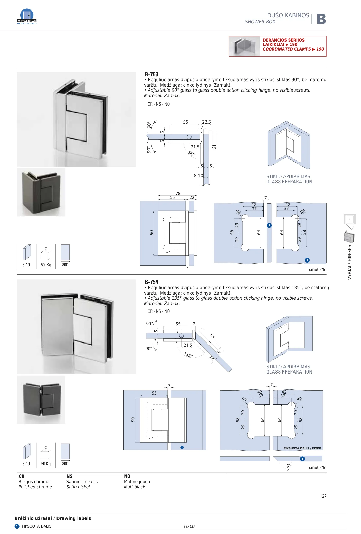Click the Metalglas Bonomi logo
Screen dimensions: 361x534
pyautogui.click(x=27, y=16)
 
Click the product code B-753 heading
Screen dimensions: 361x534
pyautogui.click(x=151, y=74)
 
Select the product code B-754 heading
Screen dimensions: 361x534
pyautogui.click(x=151, y=282)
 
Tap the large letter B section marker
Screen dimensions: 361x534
pyautogui.click(x=321, y=19)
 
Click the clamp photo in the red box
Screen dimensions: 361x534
pyautogui.click(x=244, y=46)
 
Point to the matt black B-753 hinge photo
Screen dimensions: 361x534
pyautogui.click(x=41, y=192)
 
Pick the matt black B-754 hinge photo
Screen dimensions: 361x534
pyautogui.click(x=41, y=400)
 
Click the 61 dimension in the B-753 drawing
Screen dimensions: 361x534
pyautogui.click(x=214, y=147)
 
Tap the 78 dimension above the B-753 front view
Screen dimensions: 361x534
pyautogui.click(x=178, y=193)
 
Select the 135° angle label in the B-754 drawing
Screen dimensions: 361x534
pyautogui.click(x=188, y=355)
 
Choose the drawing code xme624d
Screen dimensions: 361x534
pyautogui.click(x=317, y=270)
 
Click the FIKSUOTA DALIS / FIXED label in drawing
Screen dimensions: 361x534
pyautogui.click(x=302, y=448)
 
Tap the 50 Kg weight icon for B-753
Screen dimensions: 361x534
pyautogui.click(x=46, y=256)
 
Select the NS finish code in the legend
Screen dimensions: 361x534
pyautogui.click(x=69, y=476)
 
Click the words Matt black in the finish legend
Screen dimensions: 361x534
pyautogui.click(x=134, y=487)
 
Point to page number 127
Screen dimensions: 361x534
pyautogui.click(x=323, y=496)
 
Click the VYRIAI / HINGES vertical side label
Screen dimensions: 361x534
pyautogui.click(x=349, y=262)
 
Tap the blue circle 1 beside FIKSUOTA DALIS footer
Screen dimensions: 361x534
pyautogui.click(x=17, y=526)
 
